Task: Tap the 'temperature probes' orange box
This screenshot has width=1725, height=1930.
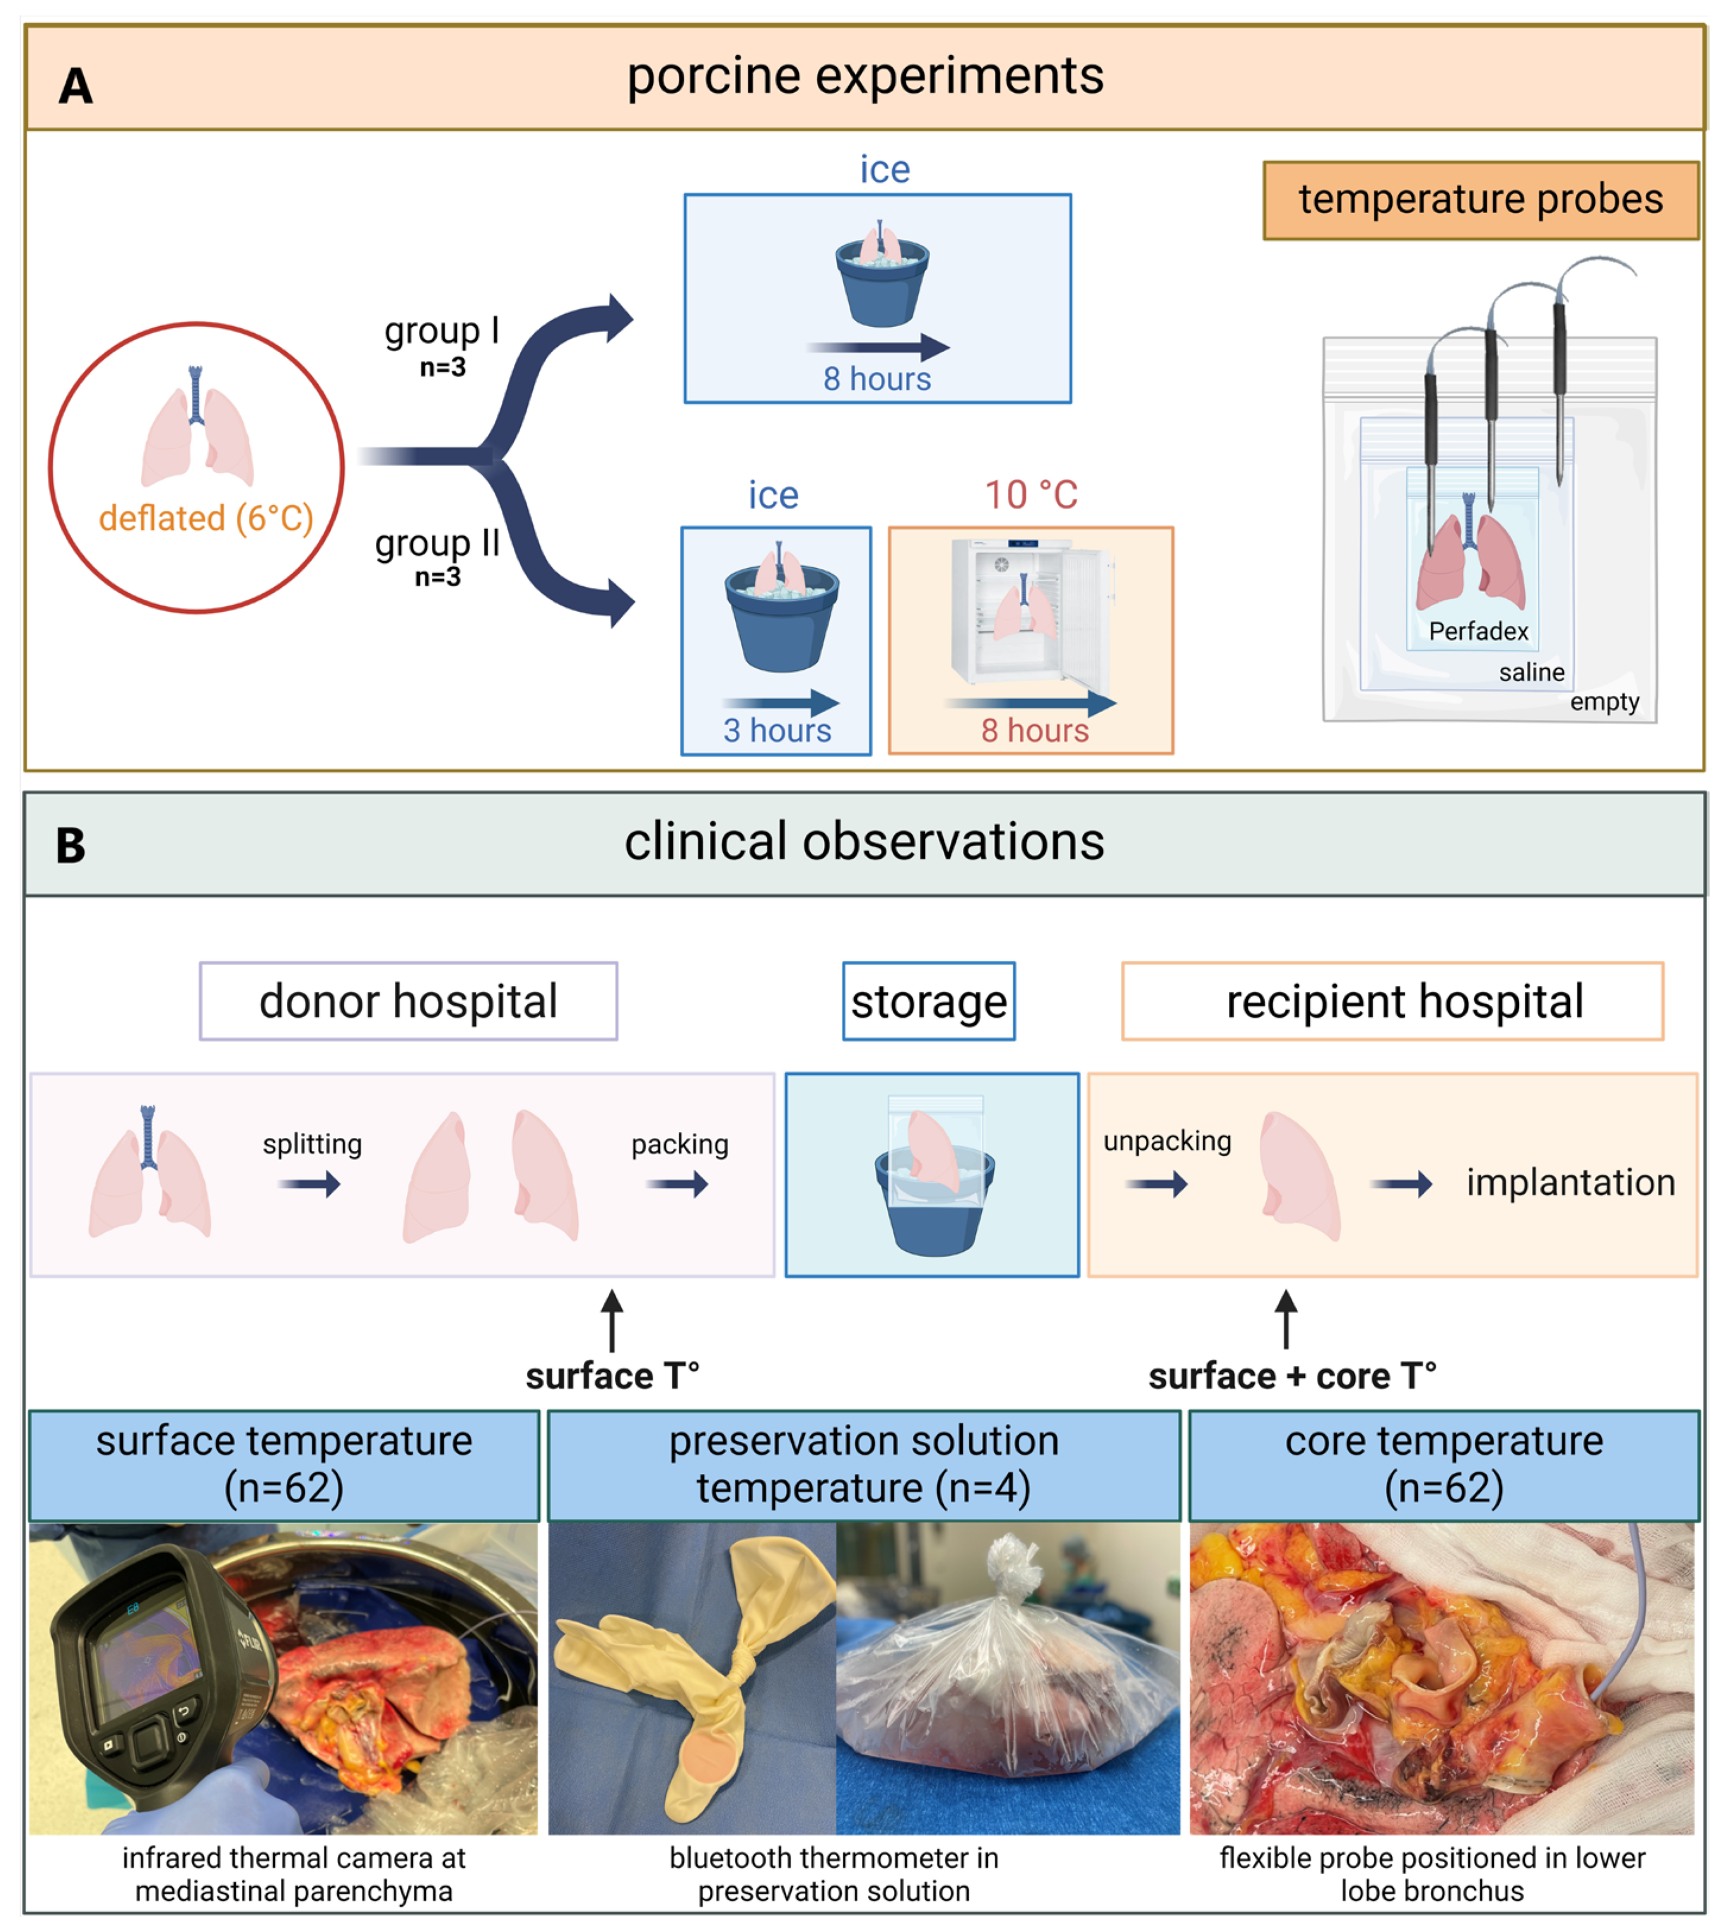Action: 1480,200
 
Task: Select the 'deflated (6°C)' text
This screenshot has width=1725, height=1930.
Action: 206,518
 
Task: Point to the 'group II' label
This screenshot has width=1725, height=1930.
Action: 437,543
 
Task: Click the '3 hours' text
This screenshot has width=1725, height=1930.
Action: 776,730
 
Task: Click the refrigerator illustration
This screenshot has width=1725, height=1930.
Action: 1031,611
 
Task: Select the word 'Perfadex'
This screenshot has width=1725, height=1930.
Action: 1478,631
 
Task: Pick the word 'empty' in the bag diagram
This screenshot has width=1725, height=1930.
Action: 1604,702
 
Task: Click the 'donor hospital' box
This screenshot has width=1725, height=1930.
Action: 409,1001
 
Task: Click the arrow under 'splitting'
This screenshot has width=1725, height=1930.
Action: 308,1184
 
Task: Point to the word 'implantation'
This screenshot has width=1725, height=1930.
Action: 1571,1182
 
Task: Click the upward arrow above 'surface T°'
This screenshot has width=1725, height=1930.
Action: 612,1320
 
